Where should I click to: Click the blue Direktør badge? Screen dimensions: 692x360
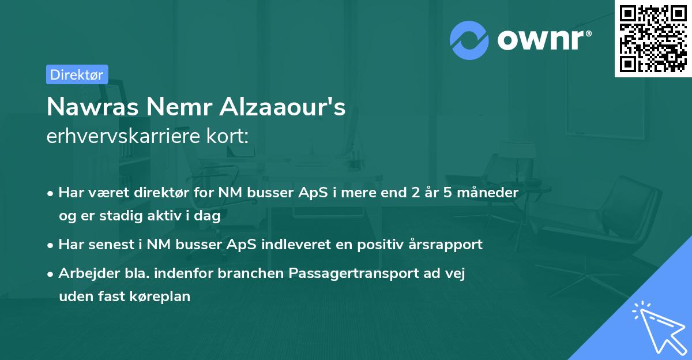click(x=77, y=74)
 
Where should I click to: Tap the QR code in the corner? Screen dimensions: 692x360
click(x=653, y=39)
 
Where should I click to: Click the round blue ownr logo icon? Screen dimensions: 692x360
click(x=469, y=40)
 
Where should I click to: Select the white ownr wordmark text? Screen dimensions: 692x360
click(x=544, y=40)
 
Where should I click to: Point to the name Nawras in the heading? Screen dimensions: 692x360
click(x=93, y=107)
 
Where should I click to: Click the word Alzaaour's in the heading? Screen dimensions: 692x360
click(x=283, y=107)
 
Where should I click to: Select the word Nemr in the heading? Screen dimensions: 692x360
click(x=179, y=107)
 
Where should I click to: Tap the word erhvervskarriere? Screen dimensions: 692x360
click(x=123, y=136)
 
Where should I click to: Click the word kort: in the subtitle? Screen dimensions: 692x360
click(x=227, y=136)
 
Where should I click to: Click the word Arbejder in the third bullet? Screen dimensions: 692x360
click(x=89, y=273)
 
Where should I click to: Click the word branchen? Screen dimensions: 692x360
click(x=250, y=273)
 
